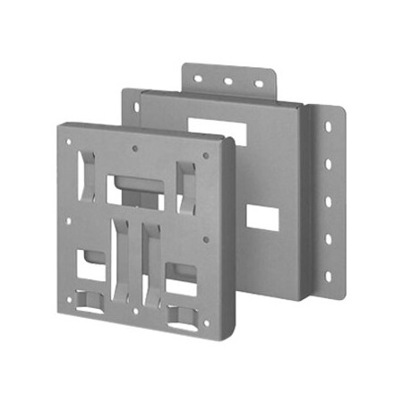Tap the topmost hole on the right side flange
pos(329,127)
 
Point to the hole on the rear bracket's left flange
pos(136,107)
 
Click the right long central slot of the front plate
pos(148,264)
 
